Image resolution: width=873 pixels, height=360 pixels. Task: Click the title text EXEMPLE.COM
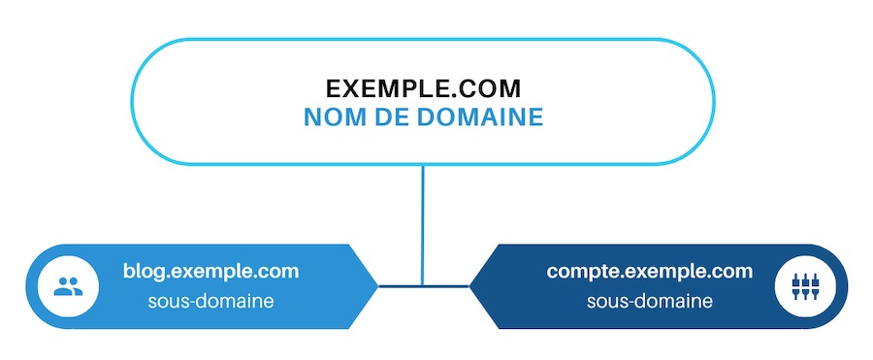[423, 88]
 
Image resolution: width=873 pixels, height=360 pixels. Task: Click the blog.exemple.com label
[210, 271]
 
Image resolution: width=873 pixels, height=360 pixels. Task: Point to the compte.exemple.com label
[649, 271]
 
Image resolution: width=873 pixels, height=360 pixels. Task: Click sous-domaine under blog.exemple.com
[210, 301]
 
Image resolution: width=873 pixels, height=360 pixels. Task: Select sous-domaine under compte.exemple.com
[649, 301]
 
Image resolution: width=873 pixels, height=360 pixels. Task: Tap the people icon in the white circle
[67, 286]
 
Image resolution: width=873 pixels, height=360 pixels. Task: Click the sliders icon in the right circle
[806, 286]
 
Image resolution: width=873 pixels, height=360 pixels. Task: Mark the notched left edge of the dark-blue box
[472, 286]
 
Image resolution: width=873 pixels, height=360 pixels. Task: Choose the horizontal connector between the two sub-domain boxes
[423, 286]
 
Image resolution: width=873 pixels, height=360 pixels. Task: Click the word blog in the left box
[142, 271]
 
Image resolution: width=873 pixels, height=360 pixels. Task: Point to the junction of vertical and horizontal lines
[423, 286]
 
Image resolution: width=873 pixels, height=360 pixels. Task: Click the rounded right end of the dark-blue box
[842, 286]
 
